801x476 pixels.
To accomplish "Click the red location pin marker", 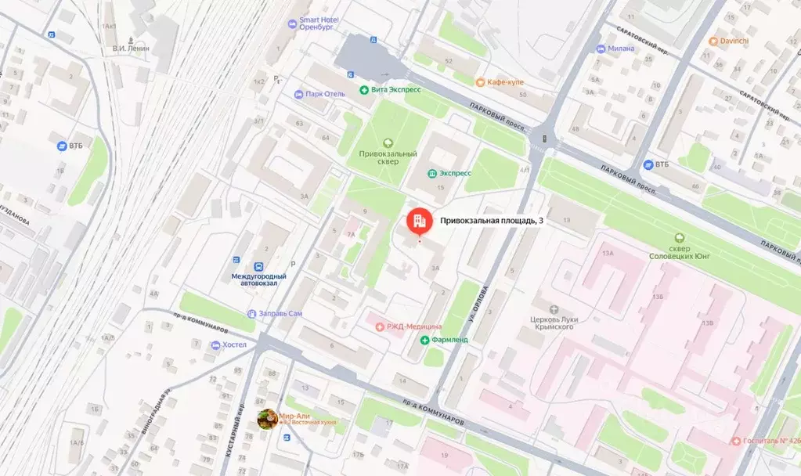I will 418,222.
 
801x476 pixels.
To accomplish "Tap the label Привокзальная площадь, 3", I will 491,222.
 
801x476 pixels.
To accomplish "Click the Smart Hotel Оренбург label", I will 316,22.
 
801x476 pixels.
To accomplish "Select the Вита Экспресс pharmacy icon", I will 364,90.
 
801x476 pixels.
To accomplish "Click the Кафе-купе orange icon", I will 478,82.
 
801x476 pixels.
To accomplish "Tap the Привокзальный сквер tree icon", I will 387,142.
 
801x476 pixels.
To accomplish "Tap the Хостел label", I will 234,344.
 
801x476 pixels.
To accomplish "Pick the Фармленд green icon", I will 425,341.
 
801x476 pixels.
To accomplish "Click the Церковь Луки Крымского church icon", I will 554,309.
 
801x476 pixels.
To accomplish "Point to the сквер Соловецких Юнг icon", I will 680,238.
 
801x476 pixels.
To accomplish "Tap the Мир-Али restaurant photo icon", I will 267,420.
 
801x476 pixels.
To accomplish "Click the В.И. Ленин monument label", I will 132,49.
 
